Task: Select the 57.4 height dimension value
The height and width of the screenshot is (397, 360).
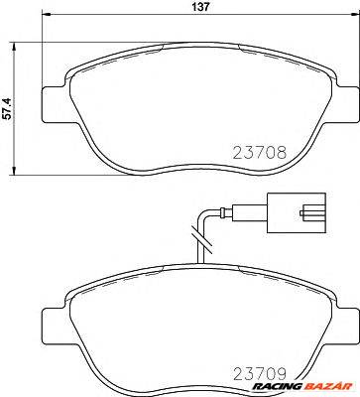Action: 10,106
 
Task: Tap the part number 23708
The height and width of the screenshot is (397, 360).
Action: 262,154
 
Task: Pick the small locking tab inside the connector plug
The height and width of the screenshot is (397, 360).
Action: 315,212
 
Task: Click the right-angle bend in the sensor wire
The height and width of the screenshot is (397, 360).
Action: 204,212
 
